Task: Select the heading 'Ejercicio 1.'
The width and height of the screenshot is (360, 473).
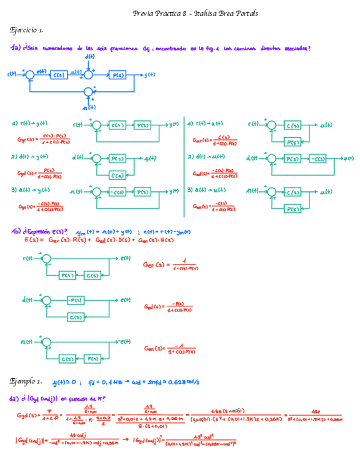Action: coord(27,29)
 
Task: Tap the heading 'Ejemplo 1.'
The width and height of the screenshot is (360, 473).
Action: coord(26,382)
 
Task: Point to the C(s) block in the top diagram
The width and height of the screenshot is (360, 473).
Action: coord(59,74)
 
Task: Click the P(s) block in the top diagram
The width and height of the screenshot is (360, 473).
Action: coord(117,74)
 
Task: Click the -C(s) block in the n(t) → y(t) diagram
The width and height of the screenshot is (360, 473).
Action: coord(118,191)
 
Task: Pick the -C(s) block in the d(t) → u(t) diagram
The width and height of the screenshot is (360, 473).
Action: coord(317,158)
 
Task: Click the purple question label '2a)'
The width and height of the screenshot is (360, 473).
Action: coord(15,399)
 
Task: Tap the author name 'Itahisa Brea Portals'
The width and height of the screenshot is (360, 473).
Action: coord(227,13)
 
